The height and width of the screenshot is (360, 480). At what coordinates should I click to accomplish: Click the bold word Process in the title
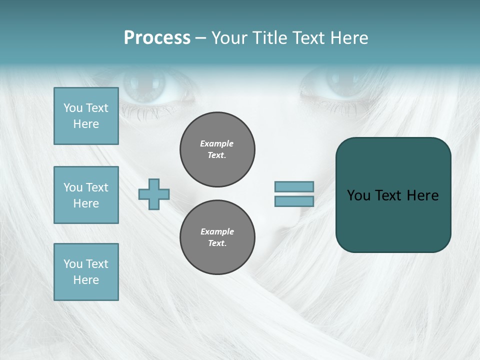coord(157,38)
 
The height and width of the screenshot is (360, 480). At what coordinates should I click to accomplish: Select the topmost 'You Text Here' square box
coord(86,116)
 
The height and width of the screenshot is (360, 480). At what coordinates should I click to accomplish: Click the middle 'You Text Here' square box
coord(86,195)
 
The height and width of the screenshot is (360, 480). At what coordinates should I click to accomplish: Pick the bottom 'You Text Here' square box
coord(86,272)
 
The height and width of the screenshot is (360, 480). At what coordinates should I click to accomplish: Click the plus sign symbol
coord(154,194)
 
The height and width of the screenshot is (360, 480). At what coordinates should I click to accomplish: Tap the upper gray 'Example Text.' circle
coord(217,149)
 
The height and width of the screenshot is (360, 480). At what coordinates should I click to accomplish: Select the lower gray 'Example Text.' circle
coord(217,237)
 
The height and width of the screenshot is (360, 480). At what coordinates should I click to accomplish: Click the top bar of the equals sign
coord(294,186)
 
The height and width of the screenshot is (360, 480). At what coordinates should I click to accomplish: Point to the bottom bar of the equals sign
coord(294,201)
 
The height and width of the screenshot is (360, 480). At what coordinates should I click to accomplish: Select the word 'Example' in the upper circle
coord(217,143)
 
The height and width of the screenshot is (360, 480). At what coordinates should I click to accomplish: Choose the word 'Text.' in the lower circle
coord(217,243)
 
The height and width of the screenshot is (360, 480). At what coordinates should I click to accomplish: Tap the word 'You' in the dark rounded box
coord(358,195)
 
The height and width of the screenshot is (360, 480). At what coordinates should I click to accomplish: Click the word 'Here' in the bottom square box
coord(86,280)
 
